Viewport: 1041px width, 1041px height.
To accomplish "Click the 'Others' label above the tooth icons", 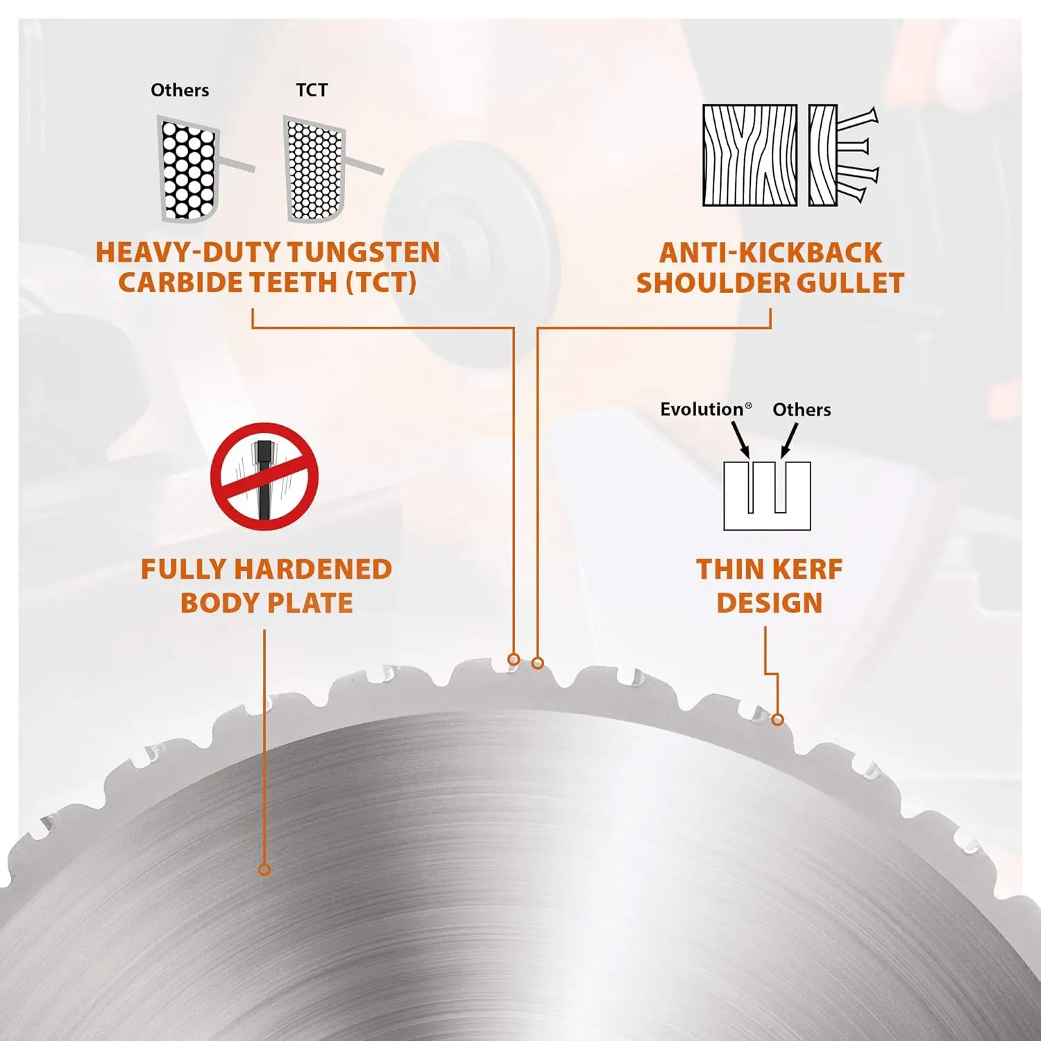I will (x=180, y=90).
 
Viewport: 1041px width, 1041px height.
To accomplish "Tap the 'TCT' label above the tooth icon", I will (x=312, y=90).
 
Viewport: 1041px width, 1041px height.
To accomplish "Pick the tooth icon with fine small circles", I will (x=314, y=169).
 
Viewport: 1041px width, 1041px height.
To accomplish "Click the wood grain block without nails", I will (x=750, y=155).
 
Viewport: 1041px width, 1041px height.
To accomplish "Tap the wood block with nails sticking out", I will (x=841, y=155).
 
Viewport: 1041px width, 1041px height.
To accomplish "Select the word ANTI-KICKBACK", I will (x=770, y=253).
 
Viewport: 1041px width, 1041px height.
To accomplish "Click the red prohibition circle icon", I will (x=264, y=476).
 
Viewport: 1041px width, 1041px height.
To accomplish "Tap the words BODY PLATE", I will (x=266, y=603).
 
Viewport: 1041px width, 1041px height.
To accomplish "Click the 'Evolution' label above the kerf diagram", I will (x=702, y=409).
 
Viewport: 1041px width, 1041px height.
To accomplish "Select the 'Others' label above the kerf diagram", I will (x=802, y=409).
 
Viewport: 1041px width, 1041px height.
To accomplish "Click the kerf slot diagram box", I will (x=767, y=496).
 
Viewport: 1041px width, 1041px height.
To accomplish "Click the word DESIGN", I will (x=769, y=603).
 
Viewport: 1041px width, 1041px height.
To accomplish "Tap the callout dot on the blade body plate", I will (x=264, y=870).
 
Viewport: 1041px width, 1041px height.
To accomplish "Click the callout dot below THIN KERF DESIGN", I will (x=777, y=720).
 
